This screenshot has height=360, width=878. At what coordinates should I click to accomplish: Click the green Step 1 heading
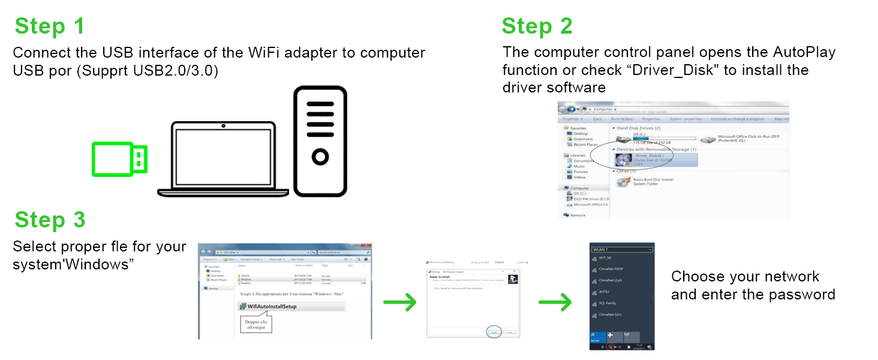click(50, 26)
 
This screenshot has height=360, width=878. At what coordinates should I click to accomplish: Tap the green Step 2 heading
click(537, 26)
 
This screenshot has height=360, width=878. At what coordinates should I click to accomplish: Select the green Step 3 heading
click(50, 220)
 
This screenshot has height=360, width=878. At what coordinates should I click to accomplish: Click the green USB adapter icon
click(119, 160)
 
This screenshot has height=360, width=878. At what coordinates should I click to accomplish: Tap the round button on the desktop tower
click(320, 157)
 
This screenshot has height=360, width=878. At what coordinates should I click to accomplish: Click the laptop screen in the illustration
click(223, 157)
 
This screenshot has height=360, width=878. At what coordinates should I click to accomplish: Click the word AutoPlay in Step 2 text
click(801, 53)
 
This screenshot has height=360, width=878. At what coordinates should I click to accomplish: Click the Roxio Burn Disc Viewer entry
click(645, 181)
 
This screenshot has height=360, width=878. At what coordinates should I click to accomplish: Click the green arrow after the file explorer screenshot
click(399, 302)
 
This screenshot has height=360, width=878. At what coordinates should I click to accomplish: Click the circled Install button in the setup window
click(494, 332)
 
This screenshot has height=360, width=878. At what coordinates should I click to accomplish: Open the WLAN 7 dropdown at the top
click(621, 249)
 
